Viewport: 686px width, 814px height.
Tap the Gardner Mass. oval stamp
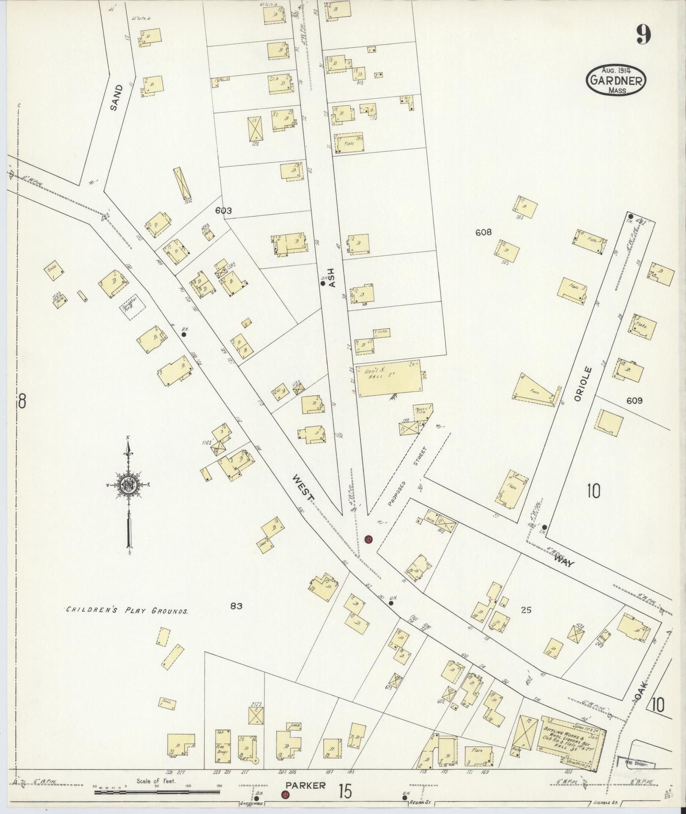pyautogui.click(x=616, y=80)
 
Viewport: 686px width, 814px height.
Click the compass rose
pyautogui.click(x=128, y=485)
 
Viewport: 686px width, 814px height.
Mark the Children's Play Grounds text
pyautogui.click(x=127, y=610)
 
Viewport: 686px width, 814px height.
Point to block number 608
pyautogui.click(x=484, y=232)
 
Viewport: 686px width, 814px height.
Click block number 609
pyautogui.click(x=634, y=400)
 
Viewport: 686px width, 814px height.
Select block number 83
pyautogui.click(x=236, y=606)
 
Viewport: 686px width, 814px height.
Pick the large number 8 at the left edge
pyautogui.click(x=22, y=401)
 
